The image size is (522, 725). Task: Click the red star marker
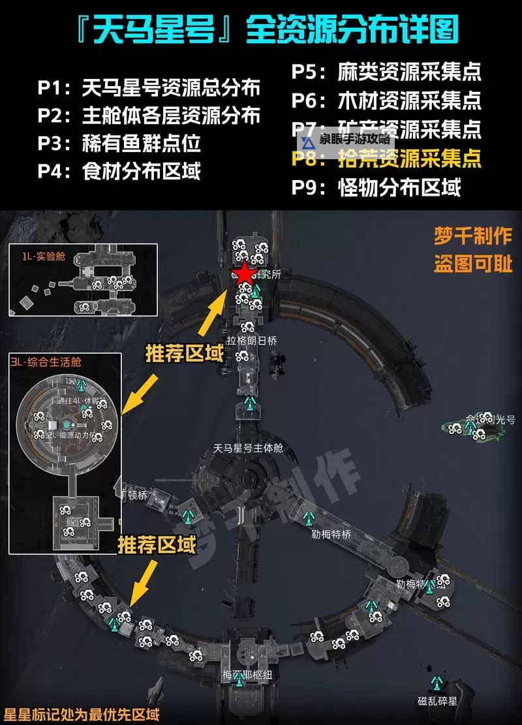pyautogui.click(x=243, y=274)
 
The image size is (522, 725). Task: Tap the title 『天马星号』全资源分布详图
pyautogui.click(x=261, y=30)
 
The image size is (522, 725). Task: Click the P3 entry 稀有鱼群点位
pyautogui.click(x=119, y=143)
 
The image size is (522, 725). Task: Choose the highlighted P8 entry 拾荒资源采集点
pyautogui.click(x=386, y=158)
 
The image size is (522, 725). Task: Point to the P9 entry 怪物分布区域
pyautogui.click(x=376, y=187)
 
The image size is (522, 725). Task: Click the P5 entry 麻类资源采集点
pyautogui.click(x=386, y=71)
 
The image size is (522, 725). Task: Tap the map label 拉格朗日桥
pyautogui.click(x=252, y=340)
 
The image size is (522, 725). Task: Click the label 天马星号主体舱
pyautogui.click(x=249, y=448)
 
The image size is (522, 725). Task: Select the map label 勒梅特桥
pyautogui.click(x=331, y=534)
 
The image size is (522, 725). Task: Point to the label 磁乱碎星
pyautogui.click(x=438, y=701)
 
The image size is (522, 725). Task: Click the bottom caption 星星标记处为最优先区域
pyautogui.click(x=82, y=715)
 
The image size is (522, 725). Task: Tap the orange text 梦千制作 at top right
pyautogui.click(x=473, y=236)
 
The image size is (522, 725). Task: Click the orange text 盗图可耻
pyautogui.click(x=473, y=264)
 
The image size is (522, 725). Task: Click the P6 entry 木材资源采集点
pyautogui.click(x=386, y=100)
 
